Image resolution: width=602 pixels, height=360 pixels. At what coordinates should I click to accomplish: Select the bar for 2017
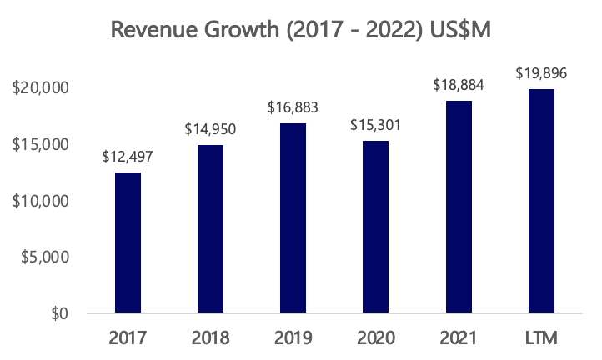pos(128,242)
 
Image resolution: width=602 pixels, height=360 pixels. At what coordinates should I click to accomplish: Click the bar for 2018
pos(210,229)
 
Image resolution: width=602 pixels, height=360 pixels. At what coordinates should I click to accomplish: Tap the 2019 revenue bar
pos(293,218)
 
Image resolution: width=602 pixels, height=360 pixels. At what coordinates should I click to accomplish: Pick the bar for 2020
pos(375,227)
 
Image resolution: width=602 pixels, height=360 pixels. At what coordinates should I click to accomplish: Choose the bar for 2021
pos(458,207)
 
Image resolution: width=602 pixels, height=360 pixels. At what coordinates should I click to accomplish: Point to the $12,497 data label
pos(128,156)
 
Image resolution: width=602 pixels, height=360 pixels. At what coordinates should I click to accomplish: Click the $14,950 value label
pos(210,129)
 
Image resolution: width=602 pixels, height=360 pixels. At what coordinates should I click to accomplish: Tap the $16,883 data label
pos(293,107)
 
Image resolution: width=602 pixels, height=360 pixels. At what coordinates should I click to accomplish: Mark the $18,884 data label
pos(458,85)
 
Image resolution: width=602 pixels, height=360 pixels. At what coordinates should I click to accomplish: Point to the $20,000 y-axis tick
pos(43,87)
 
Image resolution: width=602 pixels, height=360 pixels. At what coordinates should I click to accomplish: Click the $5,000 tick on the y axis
pos(47,257)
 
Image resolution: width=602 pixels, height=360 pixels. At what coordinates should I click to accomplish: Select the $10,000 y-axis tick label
pos(43,201)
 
